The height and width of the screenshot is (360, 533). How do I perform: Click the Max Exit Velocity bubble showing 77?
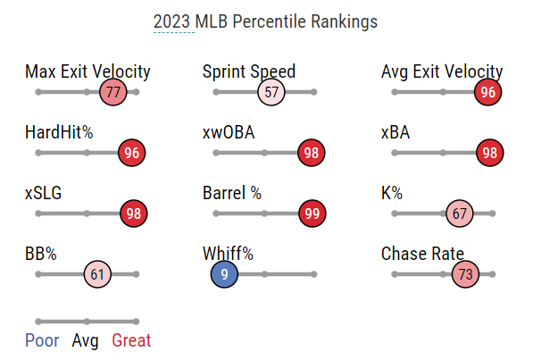tap(113, 92)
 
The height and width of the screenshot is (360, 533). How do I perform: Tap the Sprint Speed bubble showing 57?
tap(271, 92)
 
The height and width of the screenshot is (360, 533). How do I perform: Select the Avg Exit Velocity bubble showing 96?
tap(487, 92)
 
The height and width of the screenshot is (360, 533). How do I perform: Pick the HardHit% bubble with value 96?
tap(131, 153)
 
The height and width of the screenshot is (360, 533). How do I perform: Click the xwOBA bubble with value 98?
tap(311, 153)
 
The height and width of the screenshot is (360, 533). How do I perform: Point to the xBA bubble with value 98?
tap(490, 153)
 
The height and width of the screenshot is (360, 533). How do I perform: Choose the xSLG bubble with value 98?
tap(134, 213)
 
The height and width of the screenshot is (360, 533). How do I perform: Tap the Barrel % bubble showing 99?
tap(312, 213)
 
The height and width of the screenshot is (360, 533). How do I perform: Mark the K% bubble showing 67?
tap(460, 213)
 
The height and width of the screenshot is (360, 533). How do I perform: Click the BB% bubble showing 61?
tap(97, 274)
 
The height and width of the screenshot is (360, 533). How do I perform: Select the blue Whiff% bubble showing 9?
tap(224, 274)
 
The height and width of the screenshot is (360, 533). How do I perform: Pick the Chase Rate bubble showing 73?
tap(465, 274)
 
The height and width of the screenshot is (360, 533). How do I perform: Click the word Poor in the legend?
tap(42, 340)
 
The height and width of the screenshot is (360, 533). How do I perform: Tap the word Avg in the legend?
tap(86, 340)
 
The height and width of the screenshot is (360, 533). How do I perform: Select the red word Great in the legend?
tap(131, 340)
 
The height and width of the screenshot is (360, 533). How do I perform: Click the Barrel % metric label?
tap(232, 193)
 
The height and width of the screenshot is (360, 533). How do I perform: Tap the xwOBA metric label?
tap(229, 132)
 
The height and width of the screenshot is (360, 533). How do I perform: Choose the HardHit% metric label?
tap(59, 132)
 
